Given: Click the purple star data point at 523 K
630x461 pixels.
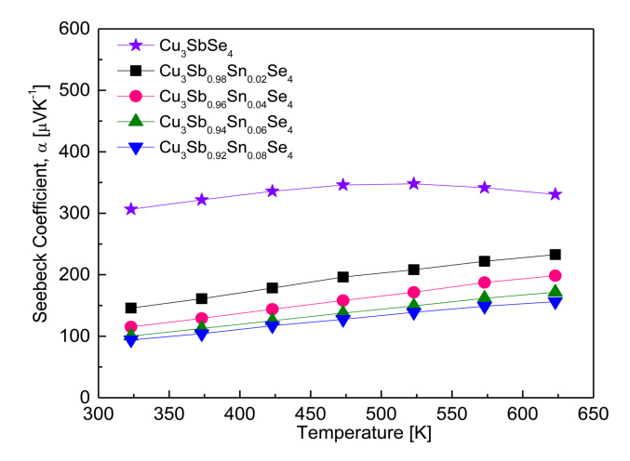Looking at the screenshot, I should pos(413,184).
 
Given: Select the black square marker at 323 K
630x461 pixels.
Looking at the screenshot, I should pos(131,308).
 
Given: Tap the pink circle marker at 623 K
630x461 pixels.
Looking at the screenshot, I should pos(555,275).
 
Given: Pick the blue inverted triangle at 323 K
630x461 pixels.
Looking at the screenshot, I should pos(131,340).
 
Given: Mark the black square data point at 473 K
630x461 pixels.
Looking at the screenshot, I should pos(343,277).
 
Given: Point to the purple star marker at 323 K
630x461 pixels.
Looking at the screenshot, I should pos(131,209).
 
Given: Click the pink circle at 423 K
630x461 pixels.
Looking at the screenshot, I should pos(273,310).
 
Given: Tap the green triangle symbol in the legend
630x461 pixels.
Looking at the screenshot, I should pos(135,122).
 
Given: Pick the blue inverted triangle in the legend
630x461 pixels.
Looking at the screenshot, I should pos(135,148).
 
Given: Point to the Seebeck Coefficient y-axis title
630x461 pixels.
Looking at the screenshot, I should pos(42,214).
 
